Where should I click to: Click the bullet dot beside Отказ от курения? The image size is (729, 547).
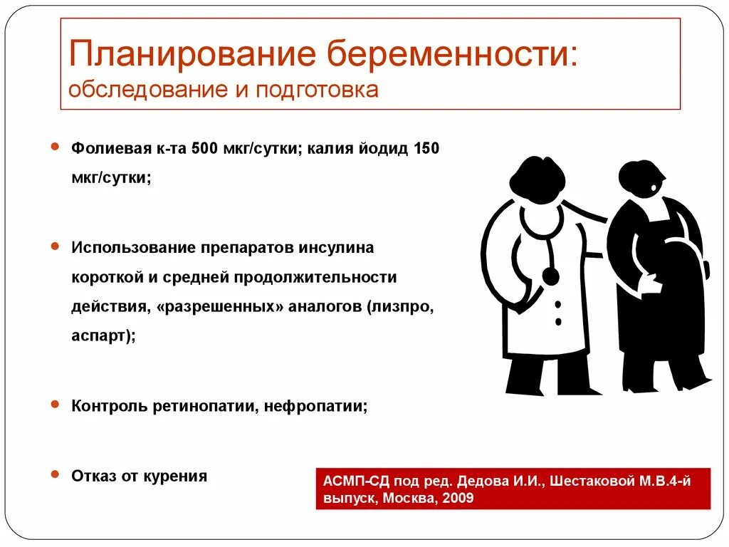55,473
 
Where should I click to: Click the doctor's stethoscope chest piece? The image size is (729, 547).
550,275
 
